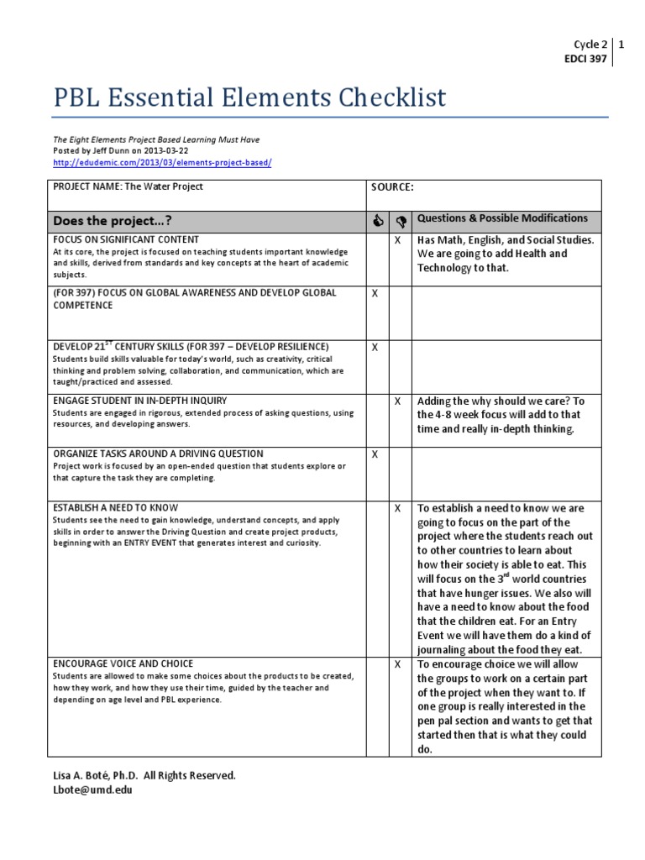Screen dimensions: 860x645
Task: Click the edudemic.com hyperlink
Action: tap(162, 161)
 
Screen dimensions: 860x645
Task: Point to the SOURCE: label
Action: tap(393, 187)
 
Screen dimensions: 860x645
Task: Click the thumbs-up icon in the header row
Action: tap(377, 221)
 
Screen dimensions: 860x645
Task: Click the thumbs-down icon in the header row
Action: tap(400, 221)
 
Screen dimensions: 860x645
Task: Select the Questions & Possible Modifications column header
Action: tap(502, 218)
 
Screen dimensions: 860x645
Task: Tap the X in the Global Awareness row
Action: tap(375, 293)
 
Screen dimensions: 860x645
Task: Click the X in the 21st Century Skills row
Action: tap(375, 347)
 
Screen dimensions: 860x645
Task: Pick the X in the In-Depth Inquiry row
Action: tap(398, 401)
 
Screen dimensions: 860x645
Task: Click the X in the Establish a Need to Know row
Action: tap(398, 508)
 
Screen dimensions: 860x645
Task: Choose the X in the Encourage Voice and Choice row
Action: tap(398, 663)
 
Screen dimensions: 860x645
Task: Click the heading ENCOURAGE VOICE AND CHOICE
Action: tap(123, 663)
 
